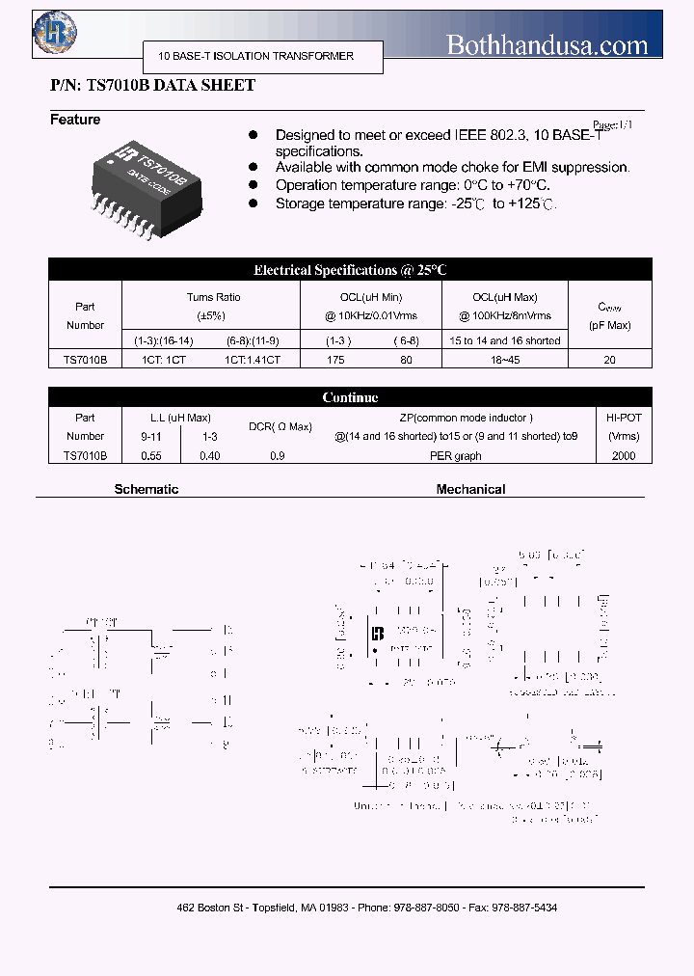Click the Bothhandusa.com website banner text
[x=547, y=44]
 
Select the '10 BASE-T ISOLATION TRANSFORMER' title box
[x=256, y=56]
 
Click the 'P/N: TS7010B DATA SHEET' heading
[x=152, y=86]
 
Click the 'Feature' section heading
[x=75, y=120]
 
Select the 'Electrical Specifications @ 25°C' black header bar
[x=350, y=270]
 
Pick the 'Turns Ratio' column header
[x=214, y=298]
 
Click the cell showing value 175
[x=335, y=359]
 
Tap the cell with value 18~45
[x=505, y=359]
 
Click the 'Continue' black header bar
[x=350, y=397]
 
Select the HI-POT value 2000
[x=624, y=455]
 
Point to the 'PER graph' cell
[x=455, y=455]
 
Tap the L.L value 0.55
[x=151, y=455]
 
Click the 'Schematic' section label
[x=147, y=489]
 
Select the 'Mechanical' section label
[x=470, y=489]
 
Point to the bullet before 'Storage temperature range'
[x=254, y=203]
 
